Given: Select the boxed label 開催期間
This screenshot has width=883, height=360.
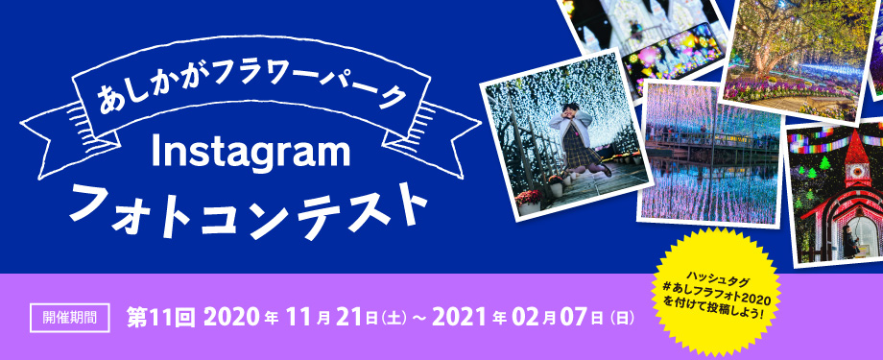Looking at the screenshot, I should [x=71, y=316].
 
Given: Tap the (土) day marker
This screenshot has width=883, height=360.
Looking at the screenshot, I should [x=394, y=317].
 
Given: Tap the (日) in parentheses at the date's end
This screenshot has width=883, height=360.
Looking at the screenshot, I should [x=621, y=317].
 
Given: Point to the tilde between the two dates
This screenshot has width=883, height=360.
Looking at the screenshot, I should [x=419, y=317].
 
